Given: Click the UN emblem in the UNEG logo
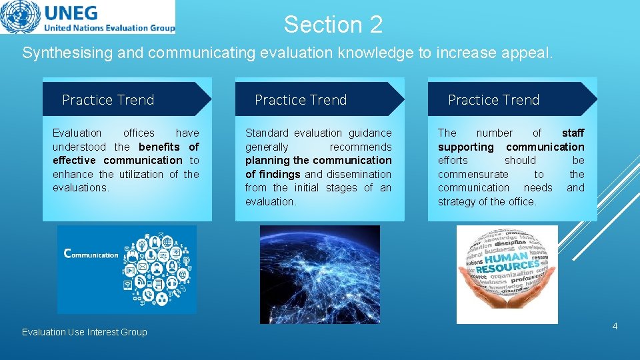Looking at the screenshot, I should [x=21, y=17].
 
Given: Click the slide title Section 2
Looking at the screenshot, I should [x=333, y=25].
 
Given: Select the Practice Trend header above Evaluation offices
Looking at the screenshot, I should [x=108, y=100].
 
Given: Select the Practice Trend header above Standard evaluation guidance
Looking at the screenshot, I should [x=301, y=100].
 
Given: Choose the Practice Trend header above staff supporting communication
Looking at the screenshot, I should [x=493, y=100].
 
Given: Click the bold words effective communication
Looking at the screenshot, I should [x=117, y=160].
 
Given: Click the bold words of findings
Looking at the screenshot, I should [x=273, y=174].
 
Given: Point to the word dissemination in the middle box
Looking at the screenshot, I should [x=359, y=174].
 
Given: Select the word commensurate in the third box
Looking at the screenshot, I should [x=473, y=174].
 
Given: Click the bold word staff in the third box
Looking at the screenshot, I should [x=573, y=133].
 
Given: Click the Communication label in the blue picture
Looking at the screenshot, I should [x=91, y=254].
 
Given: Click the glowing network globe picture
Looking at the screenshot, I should [x=319, y=274].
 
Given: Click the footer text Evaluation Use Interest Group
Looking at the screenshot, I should [x=85, y=332].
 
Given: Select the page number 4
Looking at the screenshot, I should [x=615, y=326].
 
